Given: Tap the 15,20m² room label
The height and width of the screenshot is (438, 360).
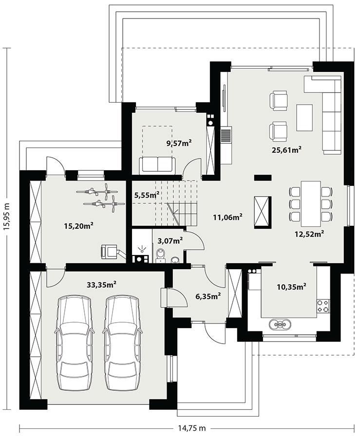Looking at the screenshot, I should click(x=78, y=225).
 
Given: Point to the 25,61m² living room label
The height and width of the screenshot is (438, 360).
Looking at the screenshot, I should click(x=286, y=150).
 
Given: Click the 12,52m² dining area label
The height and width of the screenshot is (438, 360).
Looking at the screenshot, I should click(x=309, y=234).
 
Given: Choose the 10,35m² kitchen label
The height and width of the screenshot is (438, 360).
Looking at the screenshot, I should click(x=291, y=287).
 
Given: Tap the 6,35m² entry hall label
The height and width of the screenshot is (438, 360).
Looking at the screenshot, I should click(x=207, y=295).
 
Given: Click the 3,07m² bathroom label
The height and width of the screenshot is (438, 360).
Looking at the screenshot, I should click(x=169, y=240).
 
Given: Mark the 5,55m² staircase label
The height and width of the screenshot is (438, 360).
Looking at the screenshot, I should click(x=147, y=195).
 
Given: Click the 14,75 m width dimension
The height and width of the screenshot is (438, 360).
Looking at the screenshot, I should click(x=190, y=428).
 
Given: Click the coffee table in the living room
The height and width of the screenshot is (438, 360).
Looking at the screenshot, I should click(x=304, y=117).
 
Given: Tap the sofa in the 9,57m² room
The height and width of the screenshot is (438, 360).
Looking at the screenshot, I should click(x=156, y=165).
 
